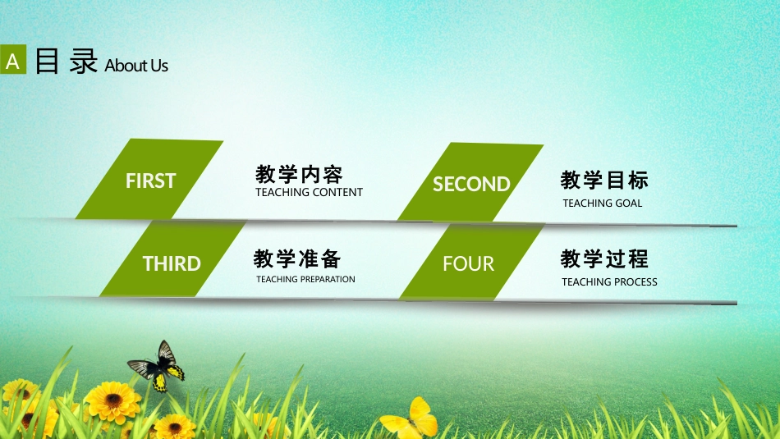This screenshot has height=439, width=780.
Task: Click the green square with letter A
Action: click(x=13, y=59)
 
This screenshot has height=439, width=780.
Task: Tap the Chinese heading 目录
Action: click(x=67, y=62)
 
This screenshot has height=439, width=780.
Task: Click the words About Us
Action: click(x=136, y=65)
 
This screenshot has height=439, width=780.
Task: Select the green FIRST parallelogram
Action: click(x=149, y=179)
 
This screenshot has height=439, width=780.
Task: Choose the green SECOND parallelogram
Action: click(x=470, y=182)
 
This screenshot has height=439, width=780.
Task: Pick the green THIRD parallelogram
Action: click(x=173, y=258)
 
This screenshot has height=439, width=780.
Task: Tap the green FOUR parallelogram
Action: click(x=471, y=262)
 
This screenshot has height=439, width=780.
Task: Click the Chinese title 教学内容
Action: click(x=299, y=175)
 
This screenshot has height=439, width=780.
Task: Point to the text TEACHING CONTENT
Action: click(x=309, y=192)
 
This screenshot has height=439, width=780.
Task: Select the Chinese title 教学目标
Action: click(x=604, y=180)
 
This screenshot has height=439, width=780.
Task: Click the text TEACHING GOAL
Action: click(x=603, y=203)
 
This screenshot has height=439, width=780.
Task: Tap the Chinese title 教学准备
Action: click(x=297, y=258)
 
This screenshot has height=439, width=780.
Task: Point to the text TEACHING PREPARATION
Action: click(x=305, y=280)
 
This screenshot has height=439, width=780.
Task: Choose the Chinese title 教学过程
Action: click(x=604, y=259)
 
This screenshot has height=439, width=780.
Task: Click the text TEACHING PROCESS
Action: click(x=609, y=282)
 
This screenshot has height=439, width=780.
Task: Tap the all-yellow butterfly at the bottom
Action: click(x=411, y=419)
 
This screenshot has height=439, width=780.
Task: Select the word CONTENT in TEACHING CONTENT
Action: click(x=337, y=192)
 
